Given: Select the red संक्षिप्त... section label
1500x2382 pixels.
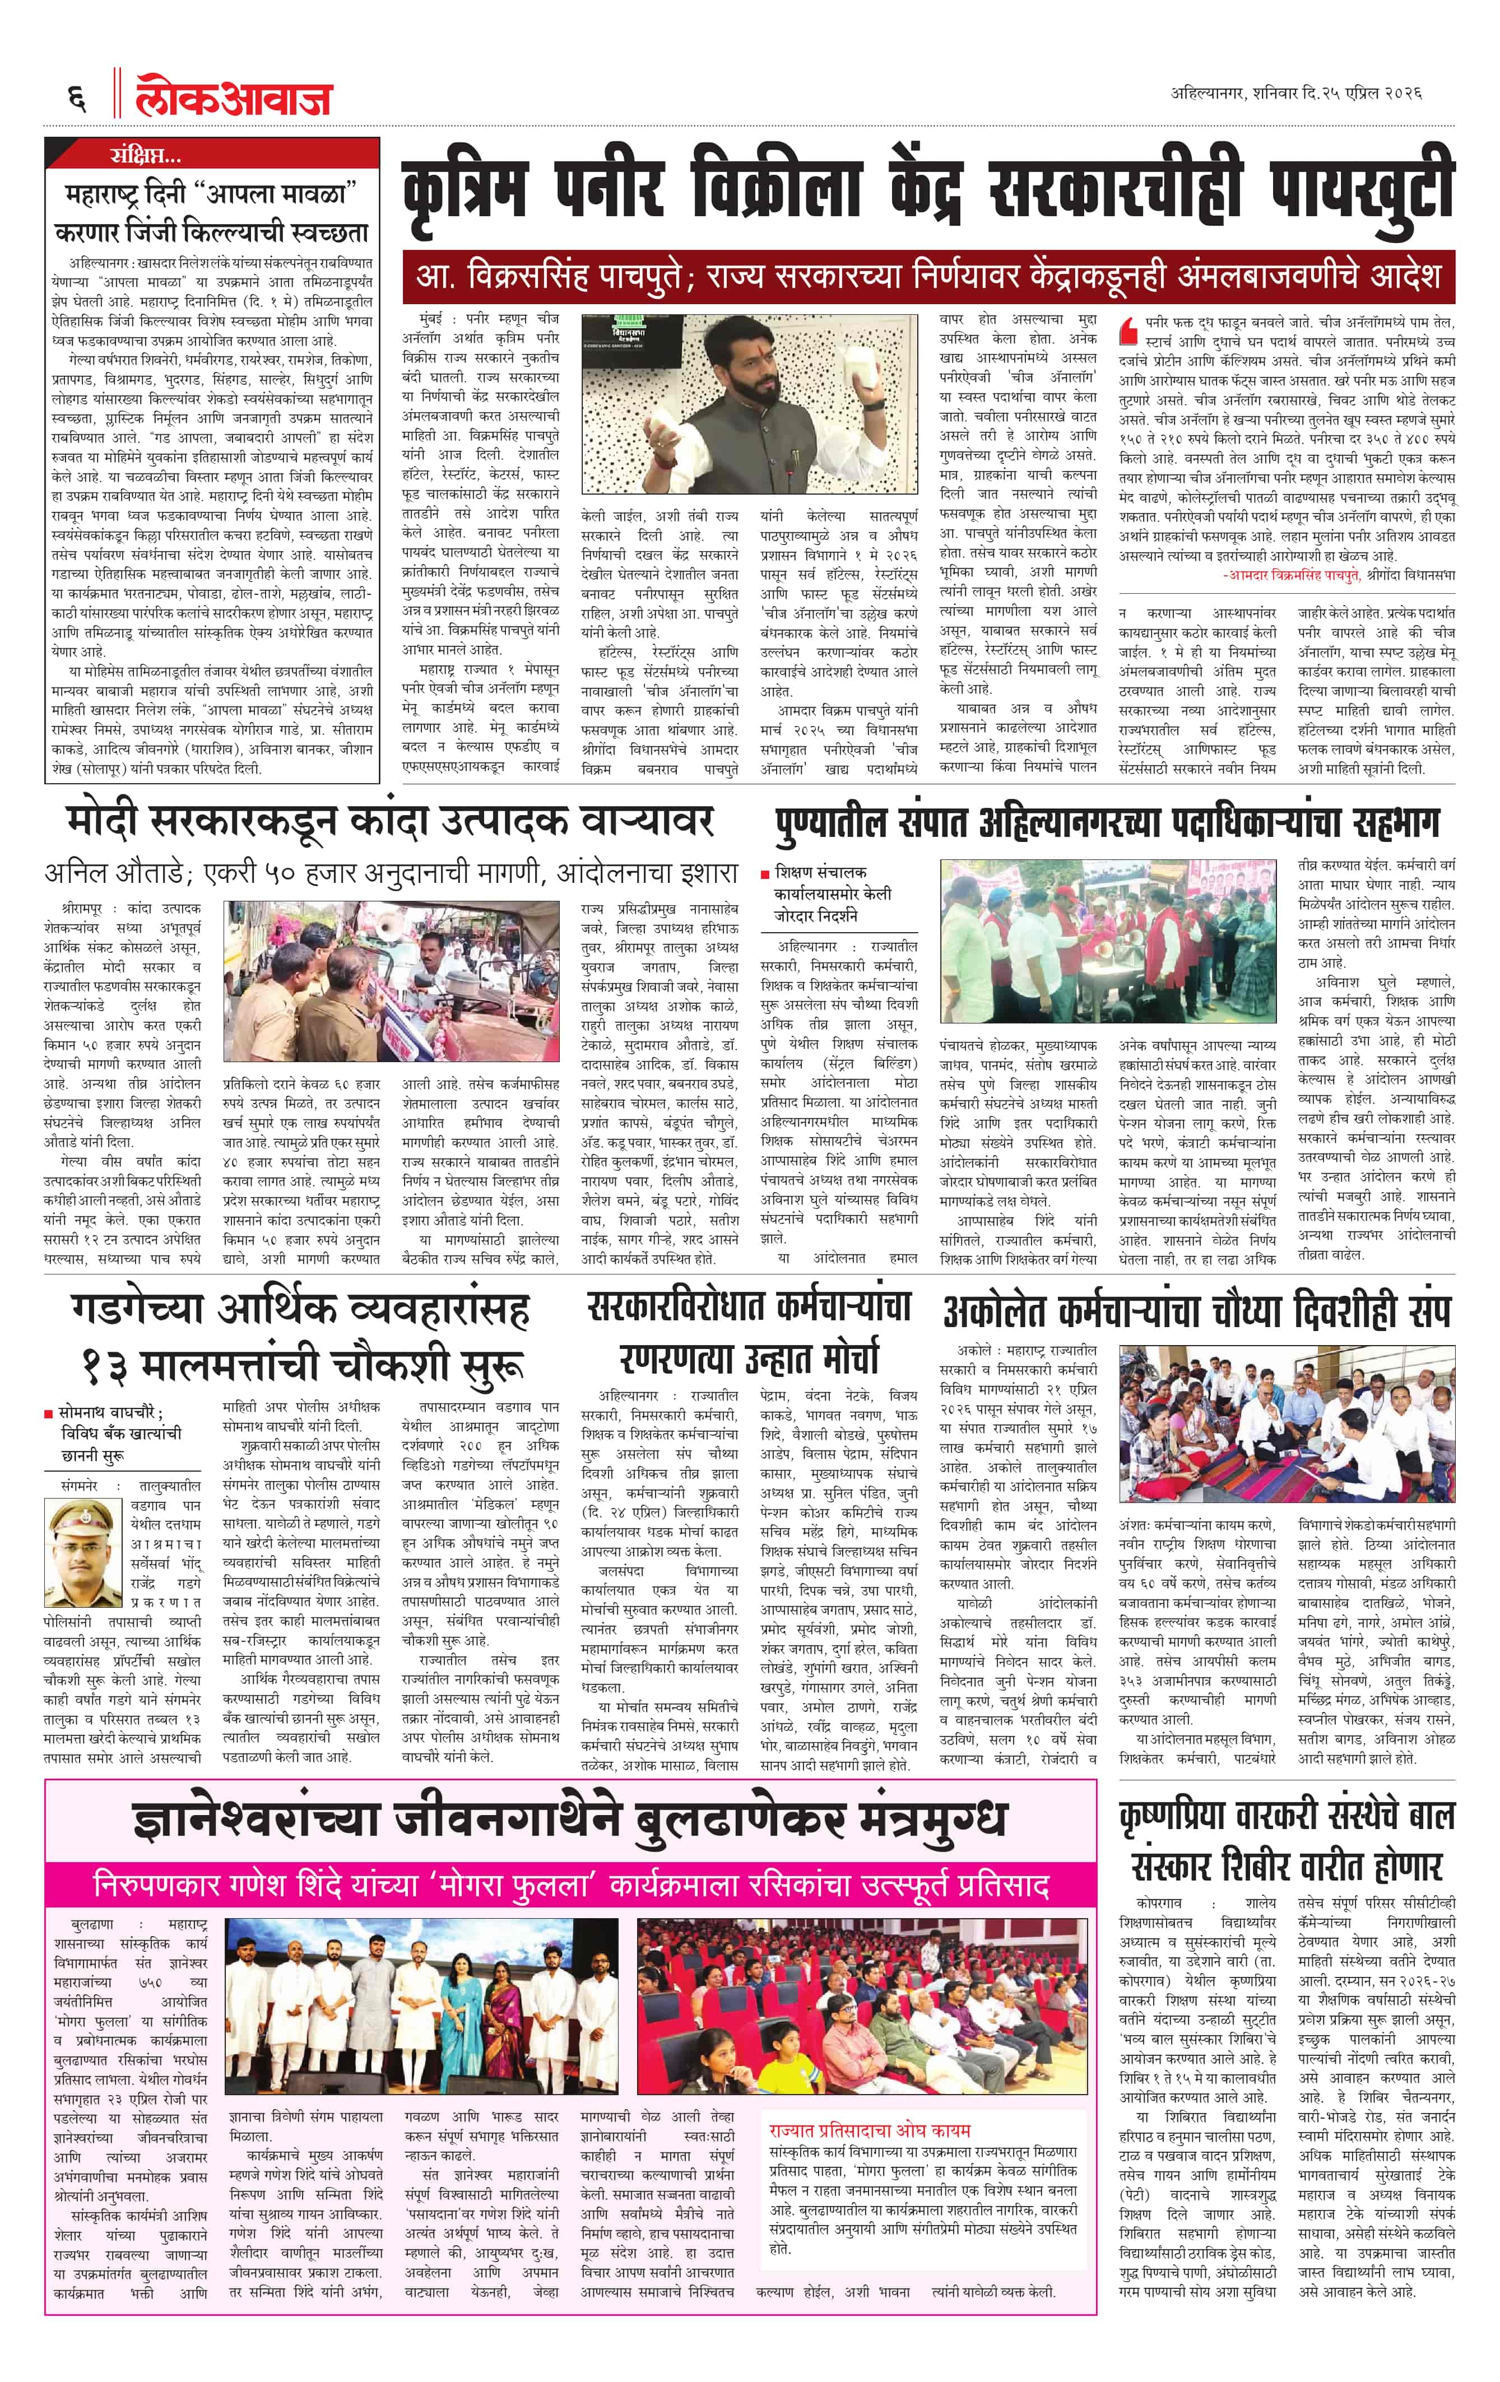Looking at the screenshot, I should [x=146, y=154].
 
